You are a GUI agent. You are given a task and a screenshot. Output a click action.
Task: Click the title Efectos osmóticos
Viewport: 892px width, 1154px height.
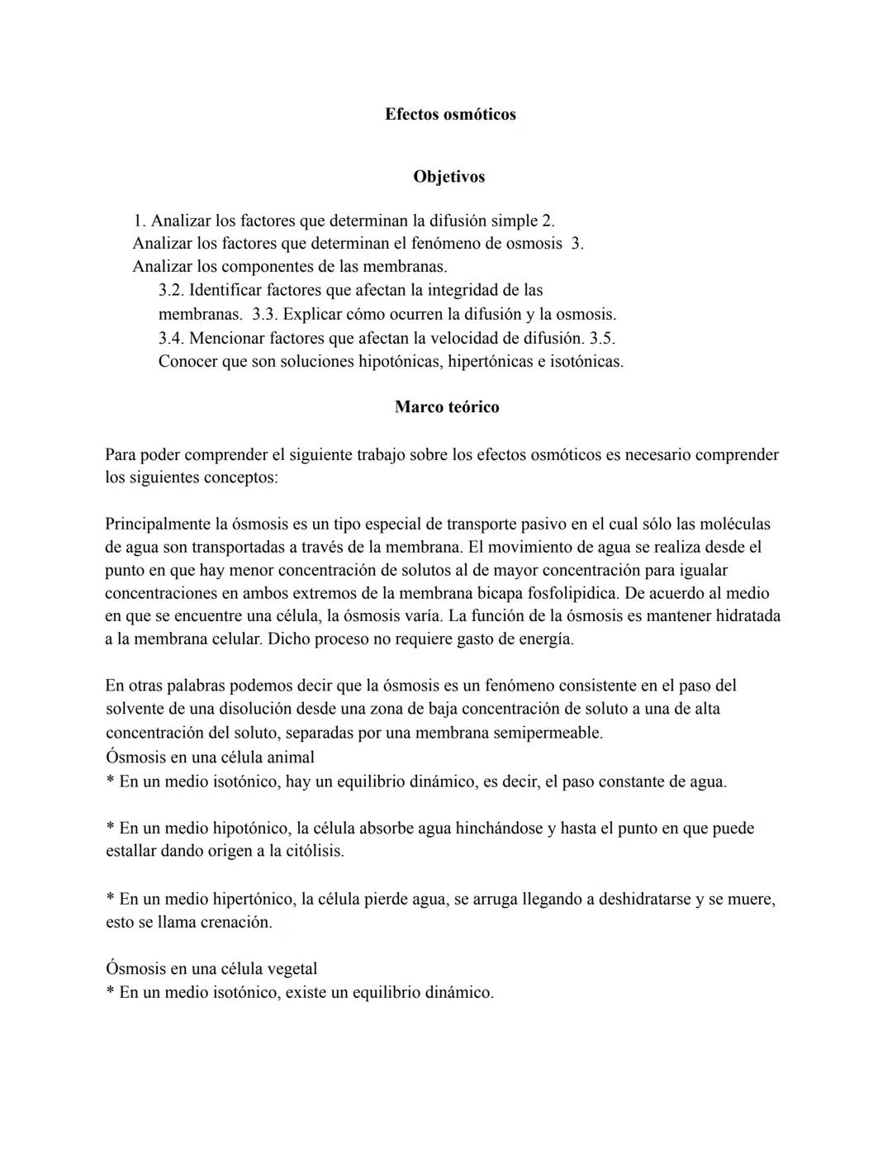450,115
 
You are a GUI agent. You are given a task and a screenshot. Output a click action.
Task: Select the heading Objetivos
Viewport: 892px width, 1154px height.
448,177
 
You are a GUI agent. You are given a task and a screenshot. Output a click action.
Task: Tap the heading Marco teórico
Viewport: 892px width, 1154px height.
447,407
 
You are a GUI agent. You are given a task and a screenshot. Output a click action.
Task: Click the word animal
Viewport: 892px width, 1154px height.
290,757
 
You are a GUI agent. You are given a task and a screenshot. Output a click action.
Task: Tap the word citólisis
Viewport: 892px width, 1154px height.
313,851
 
